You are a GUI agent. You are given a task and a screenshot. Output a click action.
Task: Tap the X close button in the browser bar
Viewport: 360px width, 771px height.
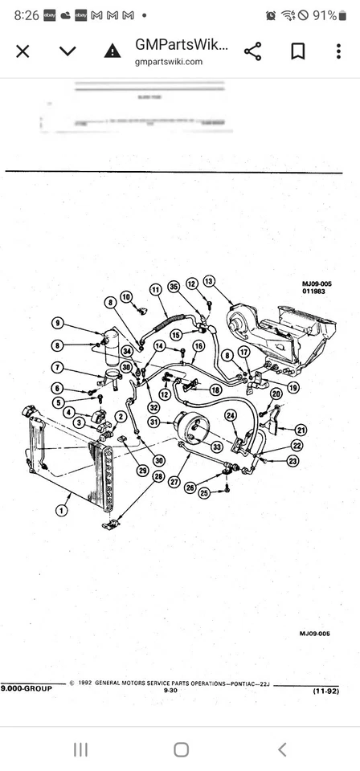pos(22,51)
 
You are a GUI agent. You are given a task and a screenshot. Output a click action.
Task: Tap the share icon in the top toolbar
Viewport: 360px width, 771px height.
pos(252,51)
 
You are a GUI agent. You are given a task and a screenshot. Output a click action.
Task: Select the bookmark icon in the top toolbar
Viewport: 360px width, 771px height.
pos(297,51)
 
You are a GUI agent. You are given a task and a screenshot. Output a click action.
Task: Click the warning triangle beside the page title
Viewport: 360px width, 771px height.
pos(112,51)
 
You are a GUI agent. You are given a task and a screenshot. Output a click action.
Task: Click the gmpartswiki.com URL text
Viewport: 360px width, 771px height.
pos(169,62)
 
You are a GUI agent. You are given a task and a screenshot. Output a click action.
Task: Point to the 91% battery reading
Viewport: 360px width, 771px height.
pos(325,15)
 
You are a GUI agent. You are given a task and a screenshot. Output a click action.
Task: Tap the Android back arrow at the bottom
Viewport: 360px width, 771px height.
pos(281,749)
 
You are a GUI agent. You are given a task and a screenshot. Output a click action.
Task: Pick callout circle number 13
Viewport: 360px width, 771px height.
pos(210,281)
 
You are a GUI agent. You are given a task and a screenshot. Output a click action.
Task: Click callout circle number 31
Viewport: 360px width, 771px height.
pos(154,422)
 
